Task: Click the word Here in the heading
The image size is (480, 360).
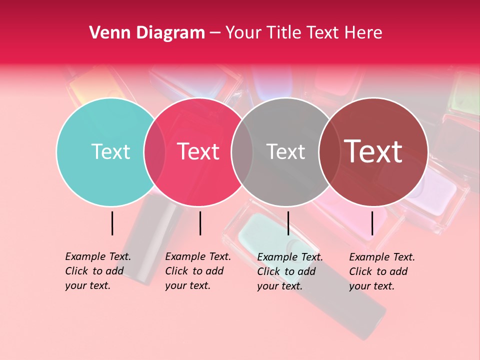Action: [x=363, y=32]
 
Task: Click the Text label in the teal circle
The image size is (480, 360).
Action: [x=110, y=151]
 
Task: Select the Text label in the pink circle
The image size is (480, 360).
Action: [x=198, y=151]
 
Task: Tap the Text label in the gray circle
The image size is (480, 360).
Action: [x=285, y=151]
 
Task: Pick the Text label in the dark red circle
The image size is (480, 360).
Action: [x=373, y=151]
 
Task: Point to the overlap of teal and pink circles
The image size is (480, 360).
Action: [x=154, y=151]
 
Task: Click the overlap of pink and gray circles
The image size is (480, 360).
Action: [x=242, y=151]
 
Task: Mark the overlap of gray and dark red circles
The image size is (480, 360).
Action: [x=329, y=151]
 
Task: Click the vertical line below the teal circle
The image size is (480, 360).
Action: [x=112, y=223]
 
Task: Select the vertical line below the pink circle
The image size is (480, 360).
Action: [x=200, y=223]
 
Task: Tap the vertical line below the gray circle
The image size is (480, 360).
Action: [x=288, y=223]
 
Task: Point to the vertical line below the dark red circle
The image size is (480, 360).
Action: [x=372, y=223]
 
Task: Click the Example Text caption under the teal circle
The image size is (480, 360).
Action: [x=98, y=271]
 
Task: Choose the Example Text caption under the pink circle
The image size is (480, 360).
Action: [x=198, y=271]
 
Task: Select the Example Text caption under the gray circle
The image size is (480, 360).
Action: [x=290, y=271]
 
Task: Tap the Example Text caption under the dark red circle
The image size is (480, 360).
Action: [x=382, y=271]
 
